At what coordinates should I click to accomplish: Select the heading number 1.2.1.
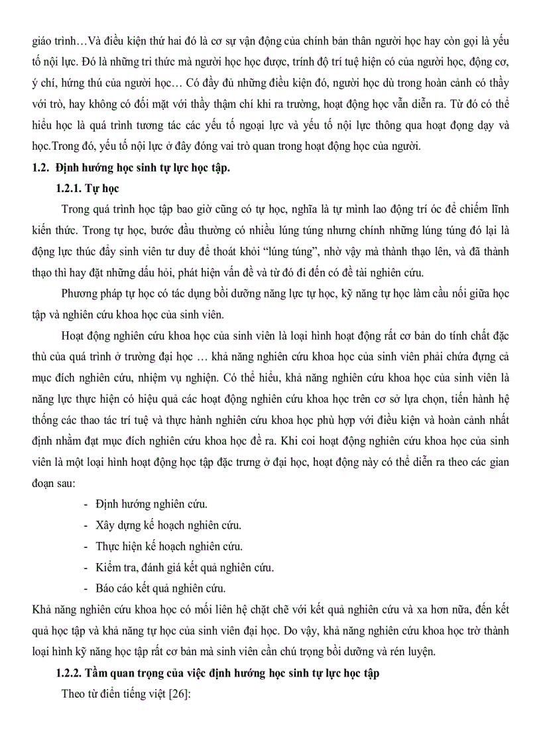(x=69, y=189)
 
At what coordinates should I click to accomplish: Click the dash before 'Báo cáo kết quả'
(x=87, y=588)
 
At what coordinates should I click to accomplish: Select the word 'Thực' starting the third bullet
(x=108, y=547)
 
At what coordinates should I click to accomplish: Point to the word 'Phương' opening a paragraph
(x=80, y=293)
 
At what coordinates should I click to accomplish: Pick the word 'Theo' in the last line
(x=72, y=694)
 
